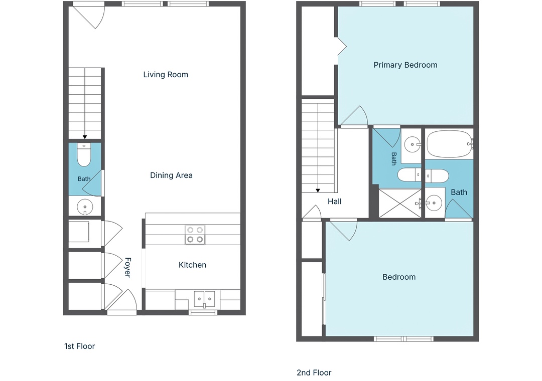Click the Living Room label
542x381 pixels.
166,75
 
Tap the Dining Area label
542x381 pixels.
171,175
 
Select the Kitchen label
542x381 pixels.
192,265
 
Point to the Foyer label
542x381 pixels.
127,267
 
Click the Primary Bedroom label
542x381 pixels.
405,65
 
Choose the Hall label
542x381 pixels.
334,202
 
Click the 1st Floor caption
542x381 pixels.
79,346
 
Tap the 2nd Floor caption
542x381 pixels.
314,372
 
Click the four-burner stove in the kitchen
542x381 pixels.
195,235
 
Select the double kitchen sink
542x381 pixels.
204,299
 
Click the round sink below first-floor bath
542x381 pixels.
85,207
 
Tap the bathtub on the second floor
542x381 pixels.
449,144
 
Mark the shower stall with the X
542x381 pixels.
400,204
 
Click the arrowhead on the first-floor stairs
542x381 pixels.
85,137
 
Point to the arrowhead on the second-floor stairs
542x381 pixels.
318,190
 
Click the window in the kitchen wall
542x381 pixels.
203,313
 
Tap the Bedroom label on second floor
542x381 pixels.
399,277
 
